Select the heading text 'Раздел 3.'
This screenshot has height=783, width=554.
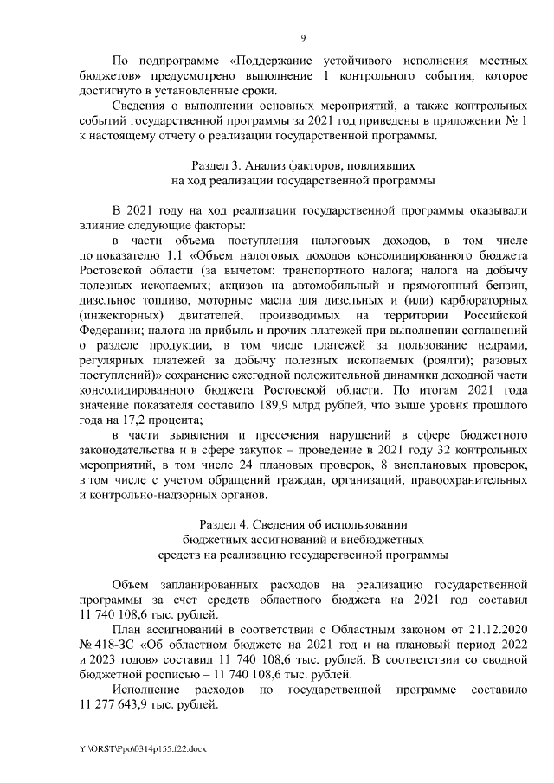coord(215,164)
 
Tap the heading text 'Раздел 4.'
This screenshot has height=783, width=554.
coord(225,525)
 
